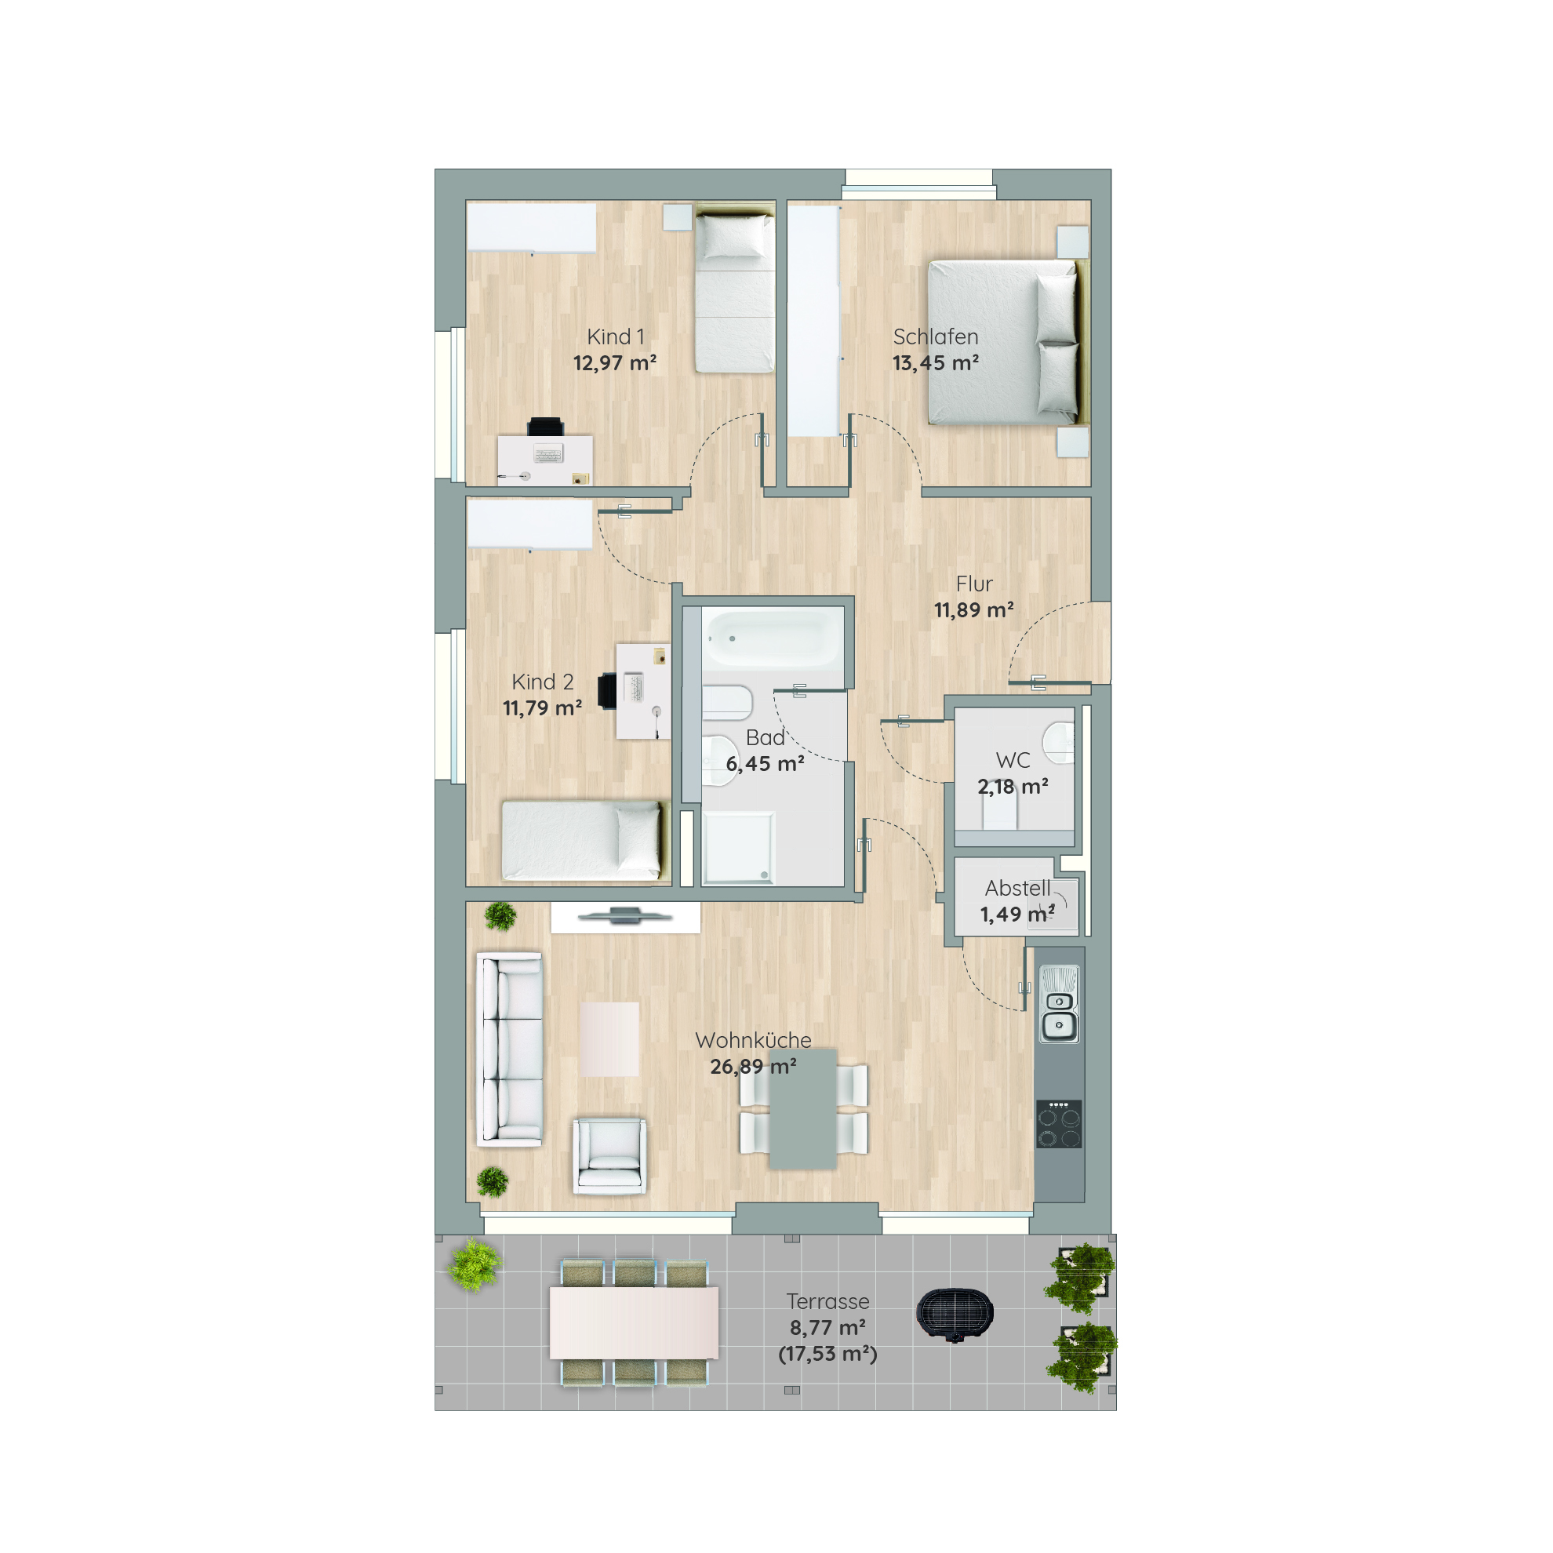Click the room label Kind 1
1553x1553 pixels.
click(x=615, y=336)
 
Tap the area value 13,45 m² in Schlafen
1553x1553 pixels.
click(x=936, y=363)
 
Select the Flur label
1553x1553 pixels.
click(x=974, y=584)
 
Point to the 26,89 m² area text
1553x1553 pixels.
click(x=753, y=1067)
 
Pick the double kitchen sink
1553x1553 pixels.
click(x=1060, y=1004)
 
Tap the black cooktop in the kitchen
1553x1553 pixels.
click(x=1059, y=1124)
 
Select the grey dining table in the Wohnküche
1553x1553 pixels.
click(x=803, y=1110)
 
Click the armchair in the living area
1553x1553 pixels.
click(x=609, y=1155)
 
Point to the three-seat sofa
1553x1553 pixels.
click(x=510, y=1049)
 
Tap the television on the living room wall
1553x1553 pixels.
click(x=624, y=915)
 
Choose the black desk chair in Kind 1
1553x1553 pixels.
click(x=546, y=427)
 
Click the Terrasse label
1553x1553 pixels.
click(x=828, y=1301)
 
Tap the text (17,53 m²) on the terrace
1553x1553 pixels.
click(x=828, y=1354)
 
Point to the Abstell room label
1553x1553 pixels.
click(x=1017, y=888)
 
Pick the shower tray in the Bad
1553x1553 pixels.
click(x=739, y=848)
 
